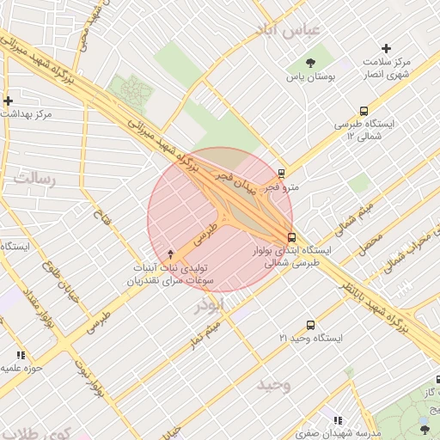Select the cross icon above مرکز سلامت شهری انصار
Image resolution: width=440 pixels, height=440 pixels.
click(386, 49)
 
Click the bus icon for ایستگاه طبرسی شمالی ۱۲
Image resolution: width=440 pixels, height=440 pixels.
click(364, 111)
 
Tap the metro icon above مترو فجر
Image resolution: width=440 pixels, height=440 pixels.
click(282, 173)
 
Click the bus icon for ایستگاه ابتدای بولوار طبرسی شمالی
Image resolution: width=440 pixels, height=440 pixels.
click(291, 237)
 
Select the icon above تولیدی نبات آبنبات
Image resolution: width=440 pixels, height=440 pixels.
click(170, 254)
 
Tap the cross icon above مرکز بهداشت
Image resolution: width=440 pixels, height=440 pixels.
click(8, 101)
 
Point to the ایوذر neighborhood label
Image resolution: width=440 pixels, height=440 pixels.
click(210, 306)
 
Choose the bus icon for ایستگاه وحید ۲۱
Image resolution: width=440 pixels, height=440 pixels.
click(310, 326)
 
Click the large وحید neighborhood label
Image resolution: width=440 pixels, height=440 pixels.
click(273, 384)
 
